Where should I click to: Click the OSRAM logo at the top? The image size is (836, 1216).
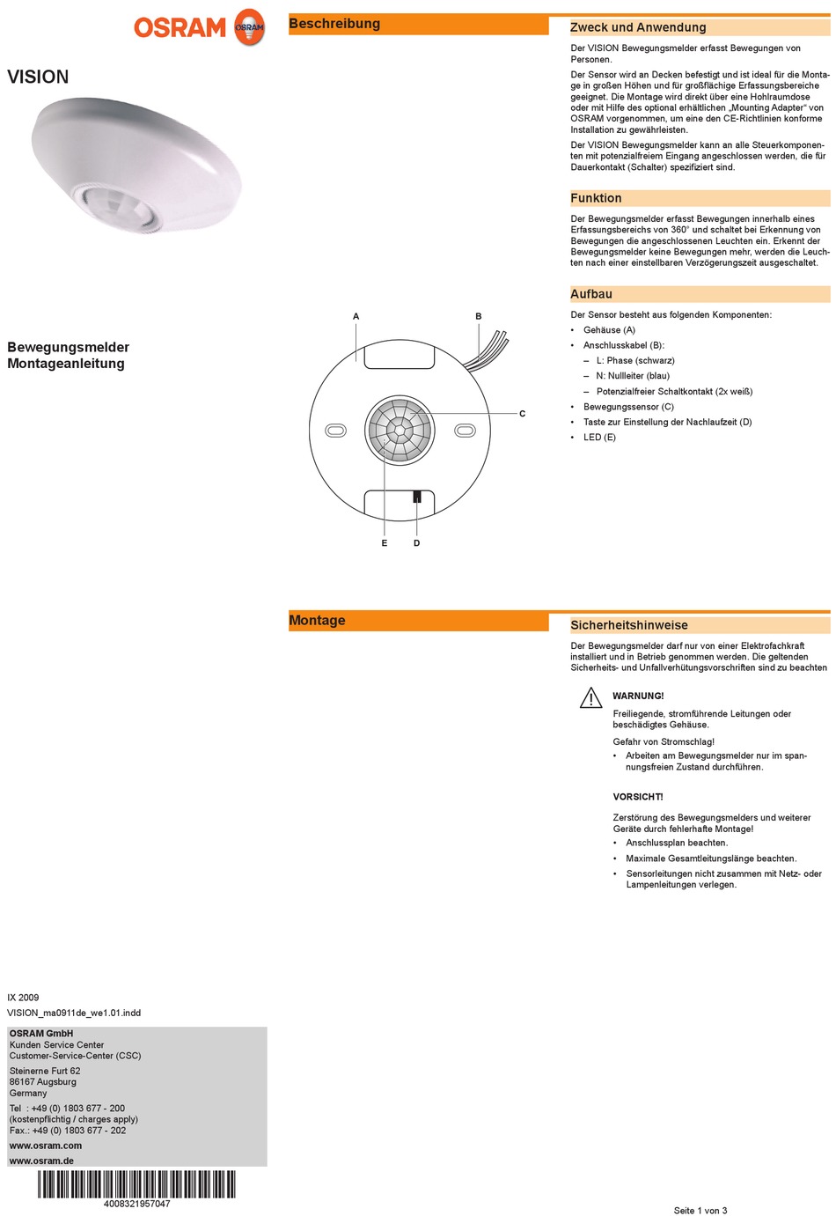click(199, 27)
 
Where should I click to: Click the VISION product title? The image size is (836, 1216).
click(38, 77)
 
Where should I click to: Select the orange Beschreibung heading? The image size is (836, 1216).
click(334, 24)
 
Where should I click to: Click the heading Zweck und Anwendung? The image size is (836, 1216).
click(638, 27)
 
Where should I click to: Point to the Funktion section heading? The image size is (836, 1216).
click(596, 198)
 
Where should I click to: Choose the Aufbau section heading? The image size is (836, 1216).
click(591, 294)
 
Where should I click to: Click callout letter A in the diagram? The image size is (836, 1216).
click(356, 316)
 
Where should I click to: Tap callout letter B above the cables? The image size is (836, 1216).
click(479, 316)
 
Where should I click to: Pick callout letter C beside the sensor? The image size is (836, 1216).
click(522, 414)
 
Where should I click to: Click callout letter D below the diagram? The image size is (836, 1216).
click(417, 543)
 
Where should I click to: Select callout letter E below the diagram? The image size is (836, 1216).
click(385, 543)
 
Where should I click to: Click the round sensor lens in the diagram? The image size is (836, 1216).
click(400, 430)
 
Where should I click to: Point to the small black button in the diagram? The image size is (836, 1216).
click(417, 497)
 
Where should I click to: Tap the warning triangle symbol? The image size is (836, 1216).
click(590, 699)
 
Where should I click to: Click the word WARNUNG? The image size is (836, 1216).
click(638, 696)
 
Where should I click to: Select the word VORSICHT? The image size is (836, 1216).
click(638, 797)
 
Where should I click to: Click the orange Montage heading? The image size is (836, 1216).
click(317, 620)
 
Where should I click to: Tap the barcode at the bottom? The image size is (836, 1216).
click(136, 1184)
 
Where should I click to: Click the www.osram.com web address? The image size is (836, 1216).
click(46, 1146)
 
